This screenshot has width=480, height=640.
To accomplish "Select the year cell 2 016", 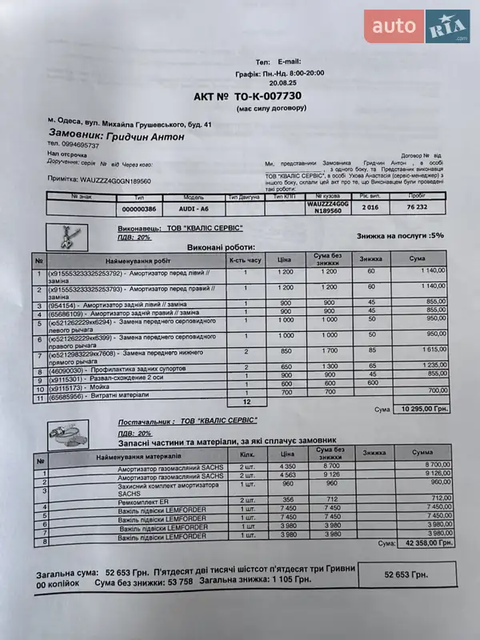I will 370,207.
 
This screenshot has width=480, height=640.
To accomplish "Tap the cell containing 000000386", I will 138,209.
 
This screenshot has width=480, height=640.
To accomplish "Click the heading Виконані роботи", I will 222,248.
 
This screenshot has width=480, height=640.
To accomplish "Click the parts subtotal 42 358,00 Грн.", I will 425,543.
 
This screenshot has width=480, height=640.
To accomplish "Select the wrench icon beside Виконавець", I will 66,236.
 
